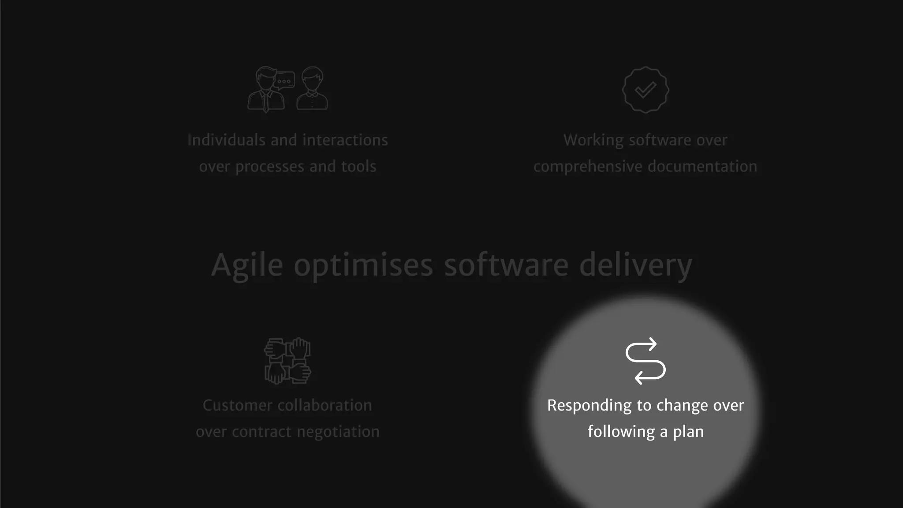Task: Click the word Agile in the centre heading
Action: [247, 265]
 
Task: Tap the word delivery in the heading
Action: [635, 265]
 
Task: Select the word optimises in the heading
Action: [363, 265]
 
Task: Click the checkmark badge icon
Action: [646, 90]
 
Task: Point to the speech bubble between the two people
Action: [284, 80]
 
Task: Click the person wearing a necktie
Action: [265, 90]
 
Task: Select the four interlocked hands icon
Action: [287, 361]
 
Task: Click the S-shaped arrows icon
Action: [646, 361]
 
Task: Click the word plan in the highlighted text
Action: [688, 432]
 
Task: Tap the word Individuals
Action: [226, 140]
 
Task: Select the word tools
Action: [358, 167]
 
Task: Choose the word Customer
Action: [237, 406]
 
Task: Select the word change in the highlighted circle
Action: [683, 406]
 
